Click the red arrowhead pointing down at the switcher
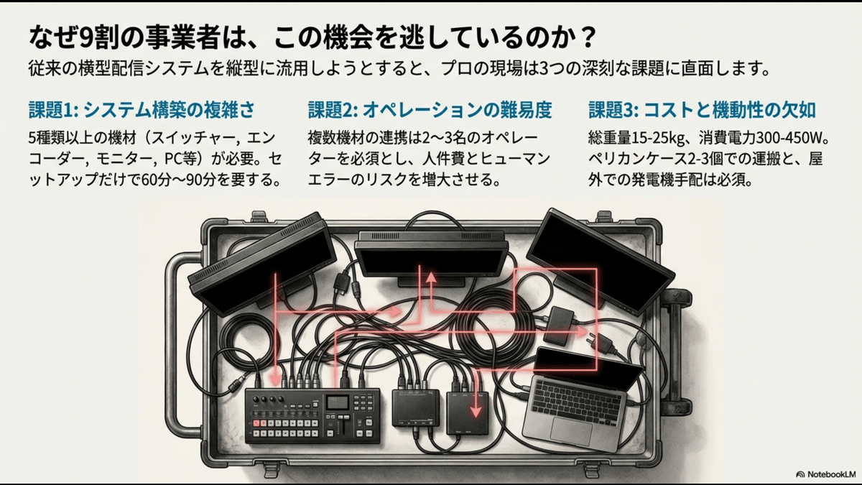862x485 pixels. click(275, 379)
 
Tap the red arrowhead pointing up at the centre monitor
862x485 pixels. click(431, 275)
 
